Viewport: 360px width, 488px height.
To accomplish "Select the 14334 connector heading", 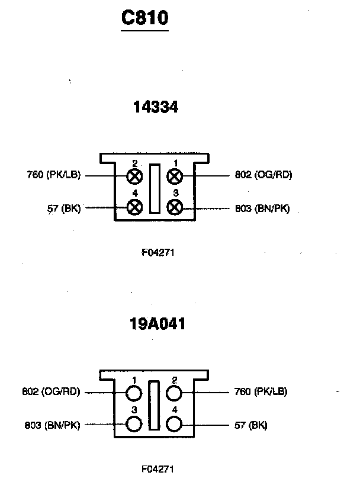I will tap(156, 107).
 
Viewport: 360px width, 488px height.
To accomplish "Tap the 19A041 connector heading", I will tap(157, 324).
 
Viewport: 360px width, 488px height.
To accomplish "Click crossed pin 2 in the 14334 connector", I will tap(135, 175).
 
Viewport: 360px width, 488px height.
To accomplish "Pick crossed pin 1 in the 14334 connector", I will tap(175, 175).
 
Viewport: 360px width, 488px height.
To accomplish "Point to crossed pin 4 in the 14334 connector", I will tap(135, 207).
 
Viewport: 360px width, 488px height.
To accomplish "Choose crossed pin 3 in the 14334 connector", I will tap(175, 207).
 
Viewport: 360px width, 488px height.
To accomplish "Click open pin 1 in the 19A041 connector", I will tap(135, 393).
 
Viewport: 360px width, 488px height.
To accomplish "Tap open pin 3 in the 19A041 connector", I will tap(135, 424).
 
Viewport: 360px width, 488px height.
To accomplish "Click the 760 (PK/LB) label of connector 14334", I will tap(54, 175).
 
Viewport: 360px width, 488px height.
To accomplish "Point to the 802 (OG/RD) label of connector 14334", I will tap(263, 175).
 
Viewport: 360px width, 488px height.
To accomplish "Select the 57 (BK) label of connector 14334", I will tap(63, 208).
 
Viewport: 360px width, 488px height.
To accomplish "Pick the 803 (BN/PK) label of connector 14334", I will tap(262, 208).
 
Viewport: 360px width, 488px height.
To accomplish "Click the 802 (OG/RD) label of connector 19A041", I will tap(51, 391).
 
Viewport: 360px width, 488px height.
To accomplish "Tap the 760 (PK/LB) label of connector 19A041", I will tap(261, 391).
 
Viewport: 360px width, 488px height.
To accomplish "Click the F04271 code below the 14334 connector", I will tap(157, 252).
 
